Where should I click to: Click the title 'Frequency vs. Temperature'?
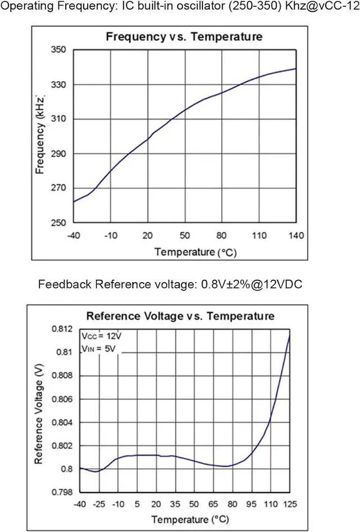click(x=184, y=37)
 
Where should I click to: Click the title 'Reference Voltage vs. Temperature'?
click(x=180, y=316)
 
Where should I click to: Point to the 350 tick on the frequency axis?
click(x=59, y=50)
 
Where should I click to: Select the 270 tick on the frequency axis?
click(x=59, y=188)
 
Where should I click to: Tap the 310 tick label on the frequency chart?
click(x=59, y=119)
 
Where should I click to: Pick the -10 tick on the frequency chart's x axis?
click(x=110, y=234)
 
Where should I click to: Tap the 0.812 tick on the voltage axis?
click(x=62, y=329)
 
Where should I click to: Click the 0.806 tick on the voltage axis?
click(x=62, y=399)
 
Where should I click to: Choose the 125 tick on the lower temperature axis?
click(x=290, y=503)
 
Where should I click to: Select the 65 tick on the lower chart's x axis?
click(x=213, y=503)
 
